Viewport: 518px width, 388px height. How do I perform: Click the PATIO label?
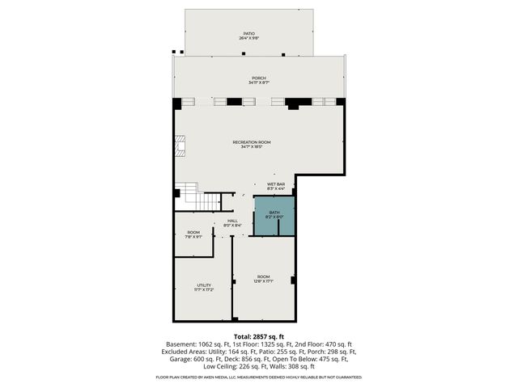point(248,34)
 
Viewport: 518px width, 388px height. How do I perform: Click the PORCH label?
point(259,78)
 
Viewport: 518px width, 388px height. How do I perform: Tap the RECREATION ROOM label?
point(251,142)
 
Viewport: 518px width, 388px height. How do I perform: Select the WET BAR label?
point(276,184)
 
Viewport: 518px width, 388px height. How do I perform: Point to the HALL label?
point(232,221)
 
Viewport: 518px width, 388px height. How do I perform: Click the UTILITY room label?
point(204,285)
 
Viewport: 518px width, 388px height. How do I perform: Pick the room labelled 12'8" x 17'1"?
point(264,279)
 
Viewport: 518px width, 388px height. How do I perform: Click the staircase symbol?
point(190,195)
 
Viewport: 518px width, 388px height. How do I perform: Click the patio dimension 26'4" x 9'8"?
point(248,39)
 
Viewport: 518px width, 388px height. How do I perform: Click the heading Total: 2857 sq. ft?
point(258,336)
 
